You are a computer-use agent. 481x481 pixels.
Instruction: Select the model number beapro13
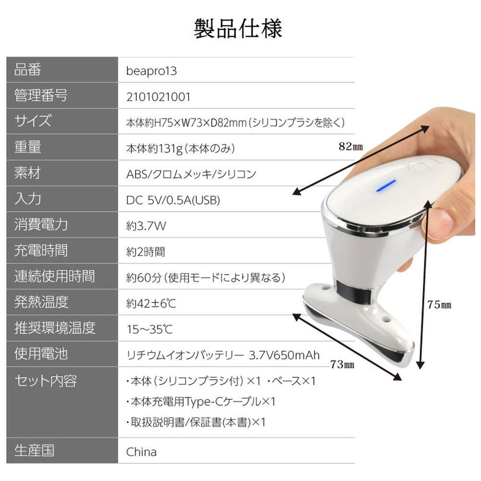click(151, 71)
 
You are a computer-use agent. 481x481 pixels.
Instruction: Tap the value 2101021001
click(158, 97)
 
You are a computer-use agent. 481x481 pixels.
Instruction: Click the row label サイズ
click(33, 121)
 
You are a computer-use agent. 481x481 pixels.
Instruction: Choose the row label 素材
click(27, 173)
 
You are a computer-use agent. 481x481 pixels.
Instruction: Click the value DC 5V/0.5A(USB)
click(173, 200)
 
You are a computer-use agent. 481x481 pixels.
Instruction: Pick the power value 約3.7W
click(146, 226)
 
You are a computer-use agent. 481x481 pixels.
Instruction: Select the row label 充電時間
click(41, 250)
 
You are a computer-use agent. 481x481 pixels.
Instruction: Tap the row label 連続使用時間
click(55, 276)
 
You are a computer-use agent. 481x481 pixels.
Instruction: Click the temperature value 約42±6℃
click(151, 304)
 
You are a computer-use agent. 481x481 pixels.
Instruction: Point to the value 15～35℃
click(150, 329)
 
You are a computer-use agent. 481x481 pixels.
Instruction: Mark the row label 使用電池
click(41, 354)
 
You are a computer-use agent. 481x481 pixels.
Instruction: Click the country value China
click(141, 452)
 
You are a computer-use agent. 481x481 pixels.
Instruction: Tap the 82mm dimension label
click(351, 146)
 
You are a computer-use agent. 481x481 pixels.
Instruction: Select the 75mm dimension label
click(439, 304)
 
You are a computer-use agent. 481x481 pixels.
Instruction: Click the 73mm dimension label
click(342, 365)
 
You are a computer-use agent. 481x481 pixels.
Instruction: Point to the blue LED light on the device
click(386, 185)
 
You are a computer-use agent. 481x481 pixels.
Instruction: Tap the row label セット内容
click(45, 380)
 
